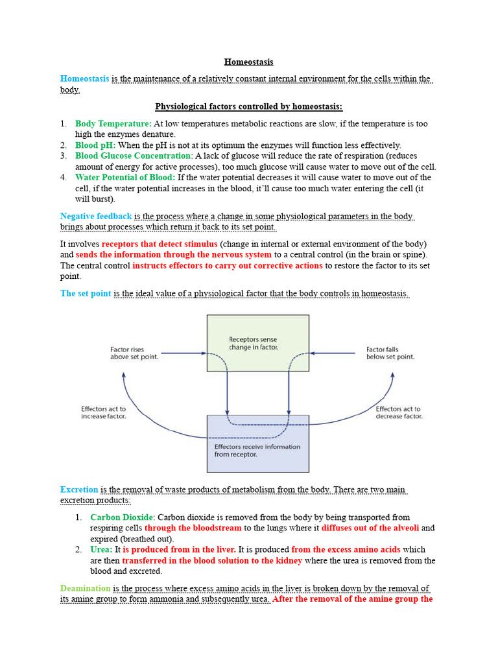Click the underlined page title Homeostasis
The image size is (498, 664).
click(249, 62)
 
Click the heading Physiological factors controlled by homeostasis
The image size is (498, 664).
click(249, 106)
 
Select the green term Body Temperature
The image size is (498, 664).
click(113, 123)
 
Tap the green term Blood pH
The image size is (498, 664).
click(95, 145)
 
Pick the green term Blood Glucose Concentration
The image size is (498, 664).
click(134, 156)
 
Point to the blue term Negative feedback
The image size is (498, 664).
click(96, 216)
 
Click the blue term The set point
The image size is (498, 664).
click(86, 294)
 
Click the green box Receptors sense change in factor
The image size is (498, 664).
click(257, 343)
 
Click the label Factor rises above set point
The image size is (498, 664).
click(134, 353)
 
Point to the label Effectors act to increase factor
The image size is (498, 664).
click(104, 412)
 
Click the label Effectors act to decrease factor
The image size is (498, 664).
click(399, 412)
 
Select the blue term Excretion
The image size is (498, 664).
click(79, 490)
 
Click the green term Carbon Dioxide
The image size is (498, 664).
click(123, 517)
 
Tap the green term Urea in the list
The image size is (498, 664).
click(102, 550)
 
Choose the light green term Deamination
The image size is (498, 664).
click(86, 589)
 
